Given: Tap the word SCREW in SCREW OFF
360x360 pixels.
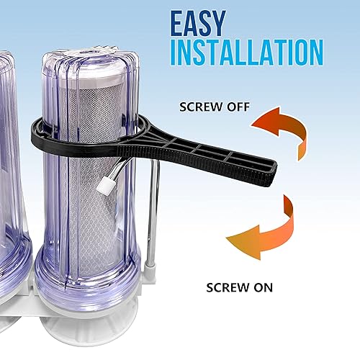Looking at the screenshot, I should [197, 109].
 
